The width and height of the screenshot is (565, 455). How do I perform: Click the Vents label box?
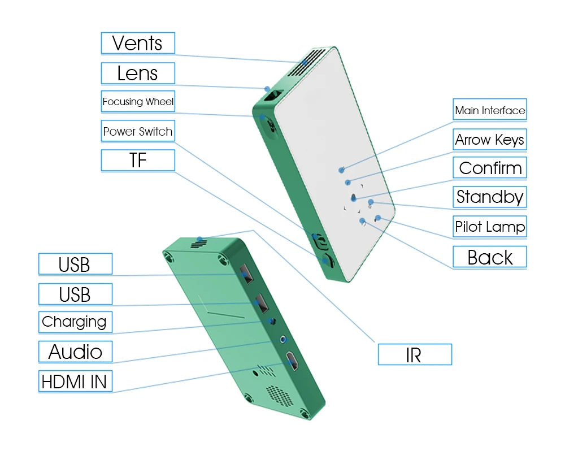point(138,44)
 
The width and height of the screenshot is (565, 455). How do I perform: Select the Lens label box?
point(138,73)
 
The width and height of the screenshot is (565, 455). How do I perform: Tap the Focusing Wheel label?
point(138,102)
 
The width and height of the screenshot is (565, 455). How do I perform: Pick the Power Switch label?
point(138,131)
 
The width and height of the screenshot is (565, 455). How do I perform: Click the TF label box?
point(138,161)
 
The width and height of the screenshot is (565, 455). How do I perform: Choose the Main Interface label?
point(490,110)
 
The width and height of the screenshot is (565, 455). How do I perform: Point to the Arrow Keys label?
point(490,140)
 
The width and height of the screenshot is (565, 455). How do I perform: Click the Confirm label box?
point(490,168)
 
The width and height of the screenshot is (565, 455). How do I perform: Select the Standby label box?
point(490,197)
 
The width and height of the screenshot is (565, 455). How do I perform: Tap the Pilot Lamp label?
point(490,227)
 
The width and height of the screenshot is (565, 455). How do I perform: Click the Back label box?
point(490,257)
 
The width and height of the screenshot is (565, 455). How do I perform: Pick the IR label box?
point(415,355)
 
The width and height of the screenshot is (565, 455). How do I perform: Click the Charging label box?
point(75,322)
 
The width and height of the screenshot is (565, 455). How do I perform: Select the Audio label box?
point(75,352)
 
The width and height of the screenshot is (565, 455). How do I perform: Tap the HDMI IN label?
point(75,382)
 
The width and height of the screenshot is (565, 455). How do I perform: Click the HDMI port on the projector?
point(292,361)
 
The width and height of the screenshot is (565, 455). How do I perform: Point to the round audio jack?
point(284,339)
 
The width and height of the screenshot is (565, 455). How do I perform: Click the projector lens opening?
point(272,96)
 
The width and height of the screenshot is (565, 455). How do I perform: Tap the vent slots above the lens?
point(306,62)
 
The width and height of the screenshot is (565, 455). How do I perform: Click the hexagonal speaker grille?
point(279,396)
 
